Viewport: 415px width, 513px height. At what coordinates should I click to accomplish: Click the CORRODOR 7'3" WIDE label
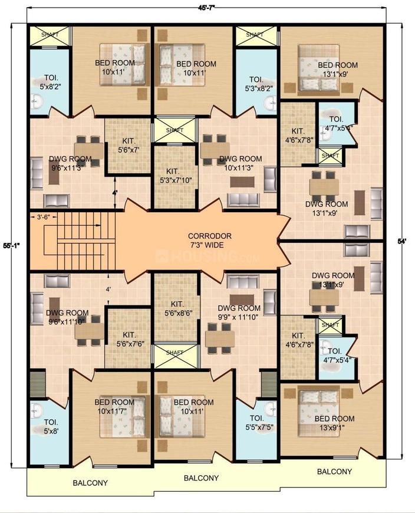(x=206, y=240)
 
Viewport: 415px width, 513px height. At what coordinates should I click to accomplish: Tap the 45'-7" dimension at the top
(x=207, y=7)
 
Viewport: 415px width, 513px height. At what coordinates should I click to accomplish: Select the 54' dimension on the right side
(x=403, y=242)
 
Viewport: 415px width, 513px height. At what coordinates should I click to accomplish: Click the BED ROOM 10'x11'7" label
(x=114, y=406)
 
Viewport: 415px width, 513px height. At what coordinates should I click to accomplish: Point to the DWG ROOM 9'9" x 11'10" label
(x=239, y=312)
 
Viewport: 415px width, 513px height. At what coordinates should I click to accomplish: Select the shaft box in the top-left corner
(x=50, y=35)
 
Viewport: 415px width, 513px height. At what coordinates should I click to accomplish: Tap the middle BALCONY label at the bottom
(x=202, y=478)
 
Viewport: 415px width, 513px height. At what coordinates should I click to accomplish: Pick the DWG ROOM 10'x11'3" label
(x=240, y=163)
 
